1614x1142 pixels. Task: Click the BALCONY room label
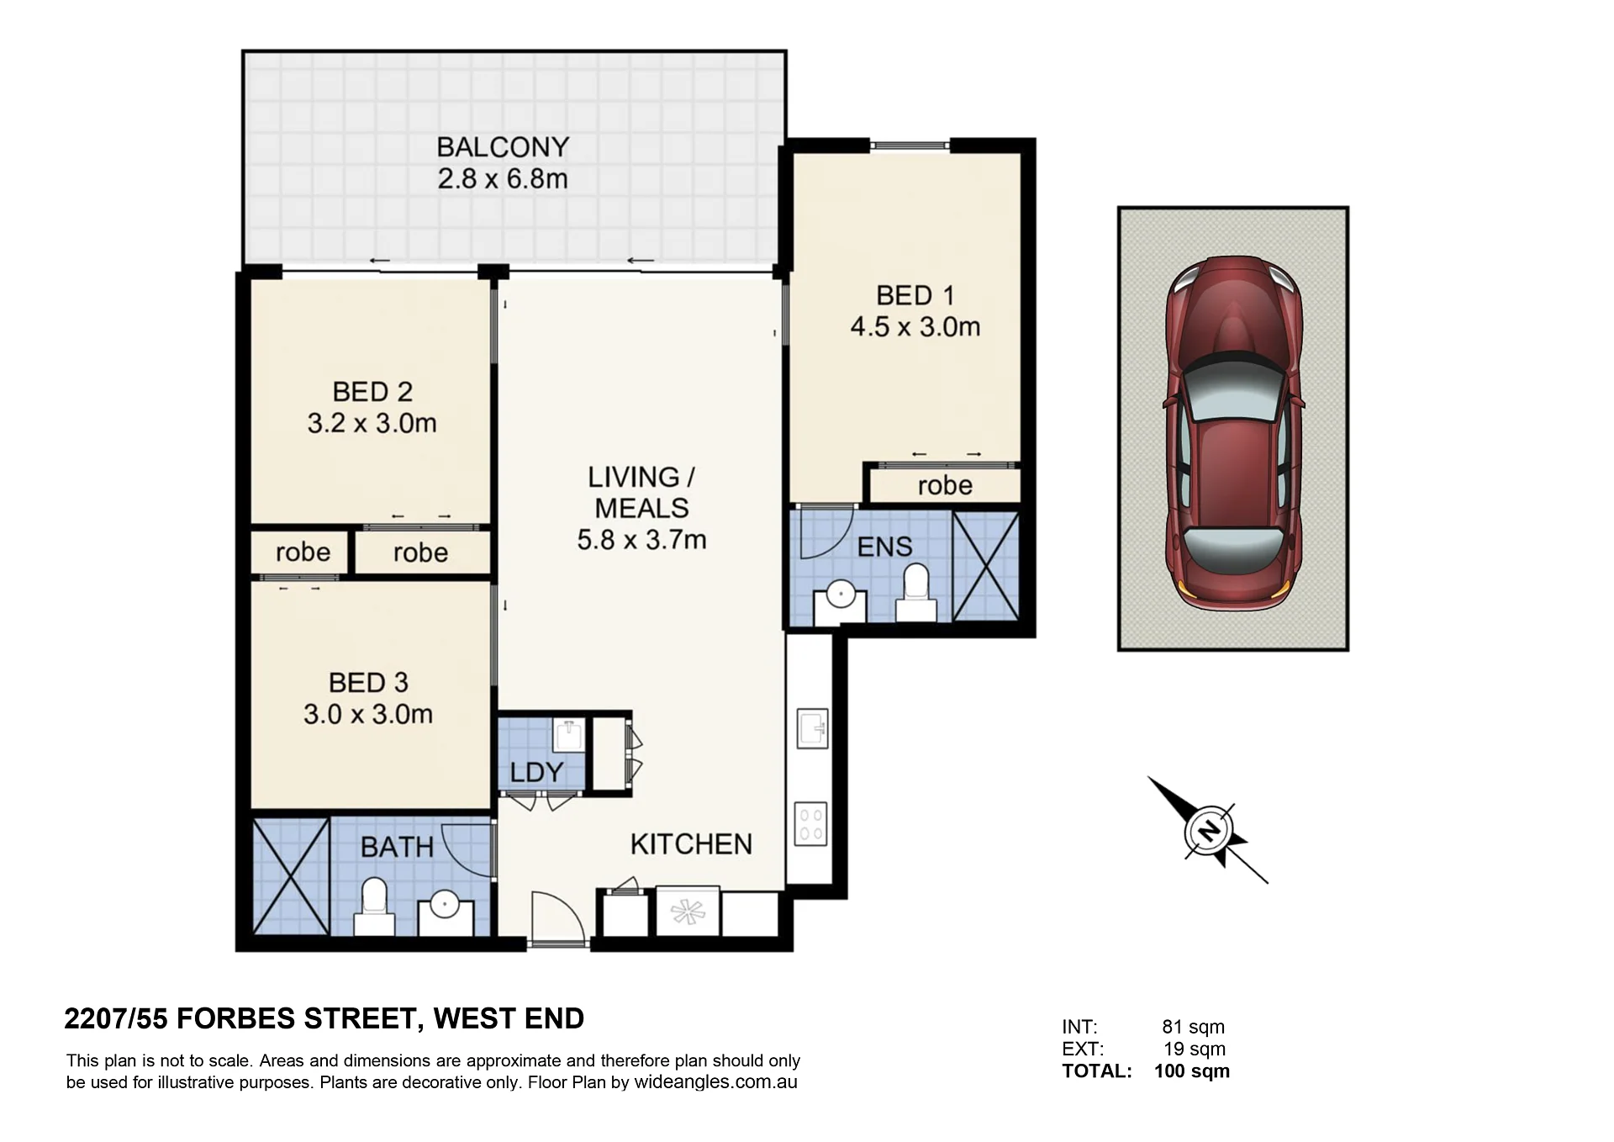[503, 147]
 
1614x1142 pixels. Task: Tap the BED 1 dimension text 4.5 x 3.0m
[915, 326]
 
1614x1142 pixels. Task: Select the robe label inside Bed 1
[945, 485]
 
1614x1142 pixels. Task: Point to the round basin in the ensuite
[841, 595]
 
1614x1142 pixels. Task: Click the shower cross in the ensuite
[985, 567]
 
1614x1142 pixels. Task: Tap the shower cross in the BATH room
[291, 876]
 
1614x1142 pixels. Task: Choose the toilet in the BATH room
[374, 907]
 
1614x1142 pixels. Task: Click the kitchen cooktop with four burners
[810, 824]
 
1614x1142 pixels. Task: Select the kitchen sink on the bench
[812, 728]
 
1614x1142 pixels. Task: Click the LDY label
[536, 772]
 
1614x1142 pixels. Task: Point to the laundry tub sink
[569, 736]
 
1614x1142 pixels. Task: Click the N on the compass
[1209, 831]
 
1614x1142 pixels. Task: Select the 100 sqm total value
[1192, 1071]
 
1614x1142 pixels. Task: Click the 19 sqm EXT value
[1195, 1049]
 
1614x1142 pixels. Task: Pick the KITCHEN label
[691, 844]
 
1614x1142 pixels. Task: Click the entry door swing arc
[565, 908]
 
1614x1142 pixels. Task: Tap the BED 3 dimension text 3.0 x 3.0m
[368, 714]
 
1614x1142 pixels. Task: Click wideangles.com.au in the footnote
[715, 1082]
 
